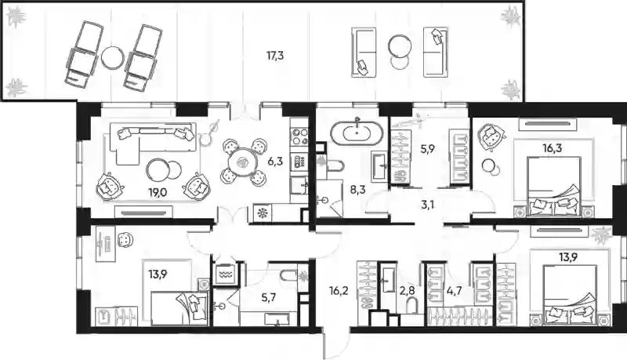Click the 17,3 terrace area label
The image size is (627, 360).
pos(275,56)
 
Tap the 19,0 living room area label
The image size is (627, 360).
pos(158,193)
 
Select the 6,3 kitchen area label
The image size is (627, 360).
pos(275,162)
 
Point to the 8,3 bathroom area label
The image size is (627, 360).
pos(358,190)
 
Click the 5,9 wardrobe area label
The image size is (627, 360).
pos(427,149)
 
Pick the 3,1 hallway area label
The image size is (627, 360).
pos(427,205)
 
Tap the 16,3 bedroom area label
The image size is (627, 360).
pos(553,148)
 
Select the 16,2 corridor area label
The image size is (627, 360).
pos(339,291)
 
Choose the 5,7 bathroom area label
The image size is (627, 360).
pos(268,297)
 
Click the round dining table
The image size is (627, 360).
pos(243,162)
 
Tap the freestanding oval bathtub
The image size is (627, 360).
pos(357,132)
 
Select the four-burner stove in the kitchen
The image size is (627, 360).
pos(299,136)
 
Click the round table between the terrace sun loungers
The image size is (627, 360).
pos(112,57)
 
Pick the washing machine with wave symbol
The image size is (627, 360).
pos(224,275)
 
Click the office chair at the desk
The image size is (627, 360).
pos(125,240)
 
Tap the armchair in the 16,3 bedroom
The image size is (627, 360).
pos(491,136)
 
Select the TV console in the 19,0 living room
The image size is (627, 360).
pos(143,213)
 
